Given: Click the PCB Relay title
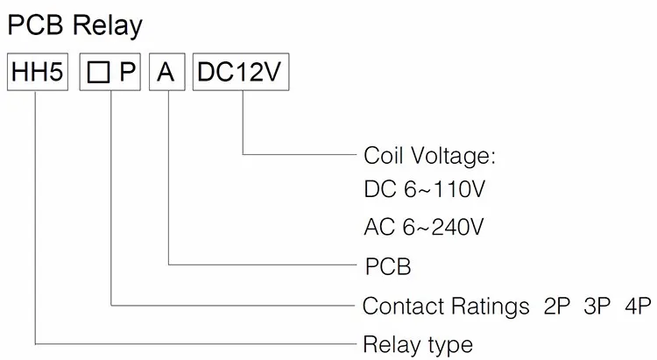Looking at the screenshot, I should coord(74,26).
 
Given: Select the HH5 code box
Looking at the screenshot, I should coord(37,73).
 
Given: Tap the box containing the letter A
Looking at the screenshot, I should coord(166,73).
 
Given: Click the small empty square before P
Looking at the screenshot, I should coord(97,74).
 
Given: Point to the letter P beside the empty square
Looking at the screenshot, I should coord(127,74).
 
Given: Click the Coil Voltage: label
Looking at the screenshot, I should coord(429,157).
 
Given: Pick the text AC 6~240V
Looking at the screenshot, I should coord(424,228).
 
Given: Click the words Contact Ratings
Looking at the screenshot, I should coord(446,307).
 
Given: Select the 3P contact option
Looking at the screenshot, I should coord(597,307).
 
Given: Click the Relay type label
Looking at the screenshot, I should coord(418,343).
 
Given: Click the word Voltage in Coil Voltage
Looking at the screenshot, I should coord(453,157).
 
